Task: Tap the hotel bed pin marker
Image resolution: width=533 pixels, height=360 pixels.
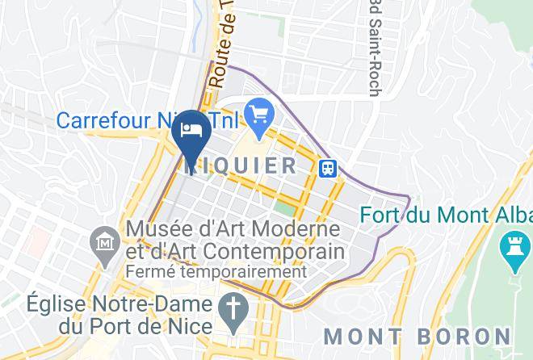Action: (191, 132)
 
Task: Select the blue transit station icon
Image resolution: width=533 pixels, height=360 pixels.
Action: (328, 168)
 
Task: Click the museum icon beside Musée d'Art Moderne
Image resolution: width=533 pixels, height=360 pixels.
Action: (104, 241)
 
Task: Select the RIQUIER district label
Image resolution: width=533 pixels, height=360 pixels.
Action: (242, 166)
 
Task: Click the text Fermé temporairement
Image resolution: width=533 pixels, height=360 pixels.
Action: (216, 271)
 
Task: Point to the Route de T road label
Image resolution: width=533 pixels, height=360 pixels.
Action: (220, 44)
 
